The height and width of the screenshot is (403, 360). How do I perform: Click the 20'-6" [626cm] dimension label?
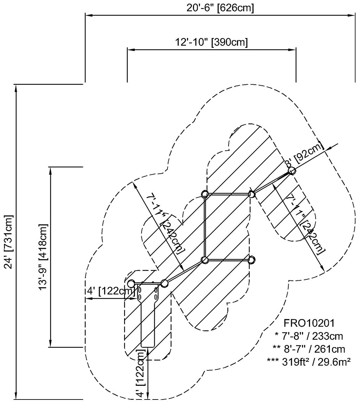pyautogui.click(x=220, y=8)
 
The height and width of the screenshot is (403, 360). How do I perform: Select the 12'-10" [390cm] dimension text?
pyautogui.click(x=212, y=42)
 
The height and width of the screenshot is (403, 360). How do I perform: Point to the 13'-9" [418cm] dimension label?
pyautogui.click(x=44, y=256)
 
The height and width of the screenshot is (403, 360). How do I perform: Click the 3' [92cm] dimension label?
pyautogui.click(x=304, y=155)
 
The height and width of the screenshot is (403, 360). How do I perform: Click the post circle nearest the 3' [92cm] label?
pyautogui.click(x=291, y=171)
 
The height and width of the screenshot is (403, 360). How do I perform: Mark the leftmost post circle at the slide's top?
pyautogui.click(x=131, y=283)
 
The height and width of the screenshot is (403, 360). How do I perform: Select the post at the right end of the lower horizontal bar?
pyautogui.click(x=251, y=260)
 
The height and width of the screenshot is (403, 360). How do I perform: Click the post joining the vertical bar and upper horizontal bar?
pyautogui.click(x=205, y=194)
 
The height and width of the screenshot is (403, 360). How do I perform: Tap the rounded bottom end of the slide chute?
pyautogui.click(x=148, y=346)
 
